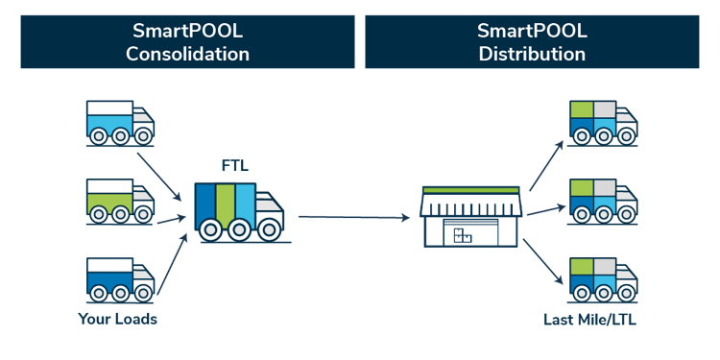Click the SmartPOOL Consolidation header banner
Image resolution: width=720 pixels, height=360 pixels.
point(187,42)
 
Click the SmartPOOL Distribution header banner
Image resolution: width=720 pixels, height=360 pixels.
point(532,42)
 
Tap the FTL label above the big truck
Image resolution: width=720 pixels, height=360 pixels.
point(234,165)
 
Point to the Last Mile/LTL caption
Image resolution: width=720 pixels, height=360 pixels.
point(588,317)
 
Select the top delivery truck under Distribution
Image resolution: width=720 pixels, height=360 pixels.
point(602,124)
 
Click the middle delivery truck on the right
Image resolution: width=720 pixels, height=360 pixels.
point(602,201)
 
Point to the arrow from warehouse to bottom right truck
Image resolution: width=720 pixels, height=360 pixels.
point(544,263)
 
